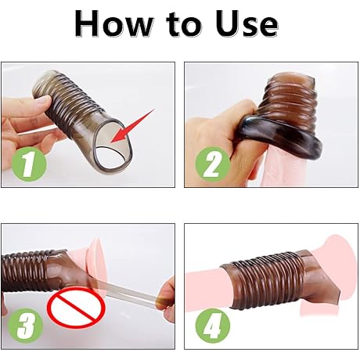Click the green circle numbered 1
pos(27,166)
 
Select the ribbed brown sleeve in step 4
pos(266,278)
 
